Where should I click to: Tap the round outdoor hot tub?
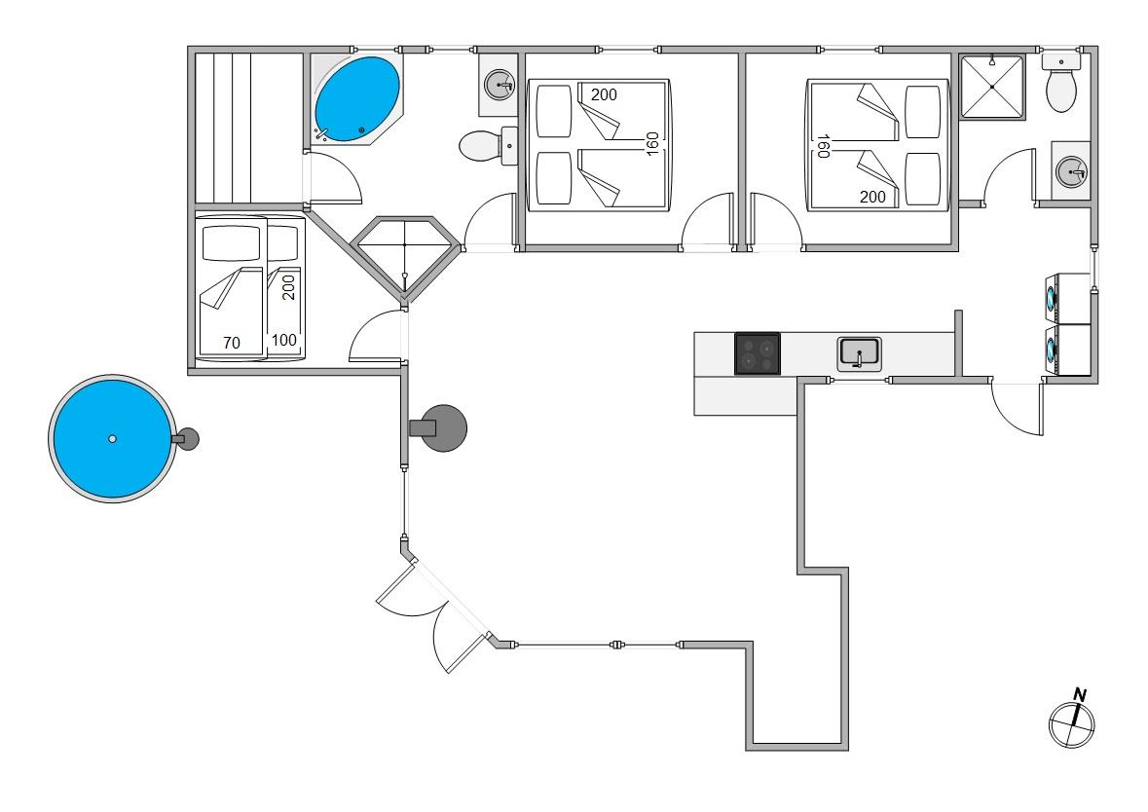[112, 439]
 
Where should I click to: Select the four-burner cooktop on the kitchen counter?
[757, 353]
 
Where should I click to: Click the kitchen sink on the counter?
[859, 352]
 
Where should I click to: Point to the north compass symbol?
[1072, 720]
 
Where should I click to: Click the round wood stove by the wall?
[443, 427]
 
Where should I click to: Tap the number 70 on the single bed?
[231, 343]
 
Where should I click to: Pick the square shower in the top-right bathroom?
[992, 87]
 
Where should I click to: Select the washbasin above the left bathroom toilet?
[501, 87]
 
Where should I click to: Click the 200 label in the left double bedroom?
[604, 94]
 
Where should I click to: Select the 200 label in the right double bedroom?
[873, 197]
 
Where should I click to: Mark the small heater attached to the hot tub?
[185, 439]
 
